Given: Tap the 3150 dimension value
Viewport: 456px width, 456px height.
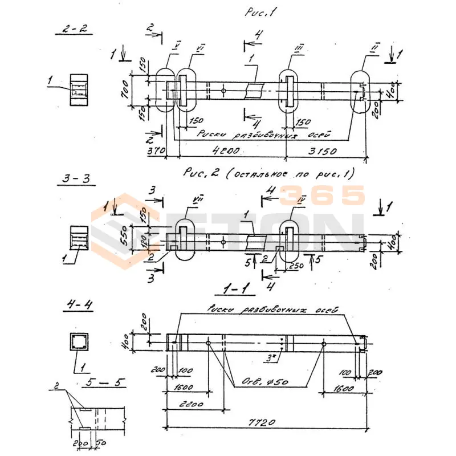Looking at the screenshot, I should pos(323,152).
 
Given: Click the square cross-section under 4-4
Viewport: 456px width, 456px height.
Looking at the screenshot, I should pos(78,342).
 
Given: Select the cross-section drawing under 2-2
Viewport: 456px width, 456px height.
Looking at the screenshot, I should pos(79,90).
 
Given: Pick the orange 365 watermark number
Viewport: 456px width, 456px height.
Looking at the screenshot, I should pos(322,196).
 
